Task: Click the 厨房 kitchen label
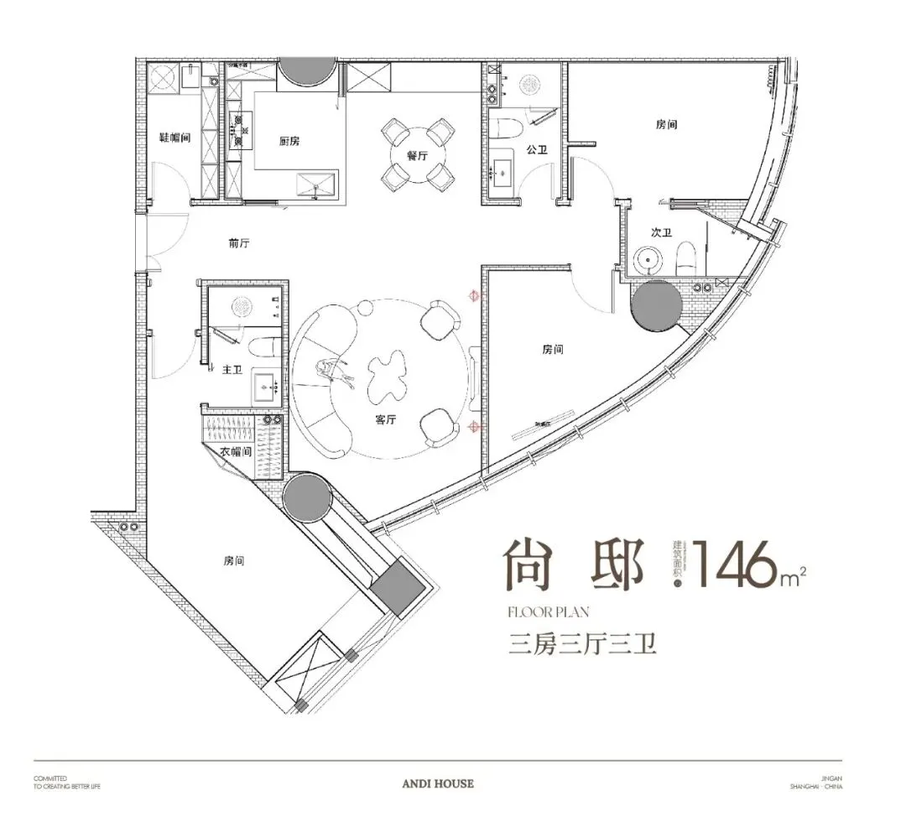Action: point(289,141)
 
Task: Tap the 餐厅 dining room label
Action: point(418,156)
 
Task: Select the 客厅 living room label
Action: point(386,419)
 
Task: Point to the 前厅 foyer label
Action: point(239,244)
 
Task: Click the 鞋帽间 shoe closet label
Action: point(175,137)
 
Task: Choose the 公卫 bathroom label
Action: point(537,150)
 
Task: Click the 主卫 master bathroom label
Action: point(232,369)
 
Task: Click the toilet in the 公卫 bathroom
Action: point(508,127)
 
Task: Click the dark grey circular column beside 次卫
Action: point(656,305)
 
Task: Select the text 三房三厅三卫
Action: point(581,645)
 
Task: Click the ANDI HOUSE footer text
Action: point(438,783)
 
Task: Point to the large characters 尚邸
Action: point(574,565)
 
